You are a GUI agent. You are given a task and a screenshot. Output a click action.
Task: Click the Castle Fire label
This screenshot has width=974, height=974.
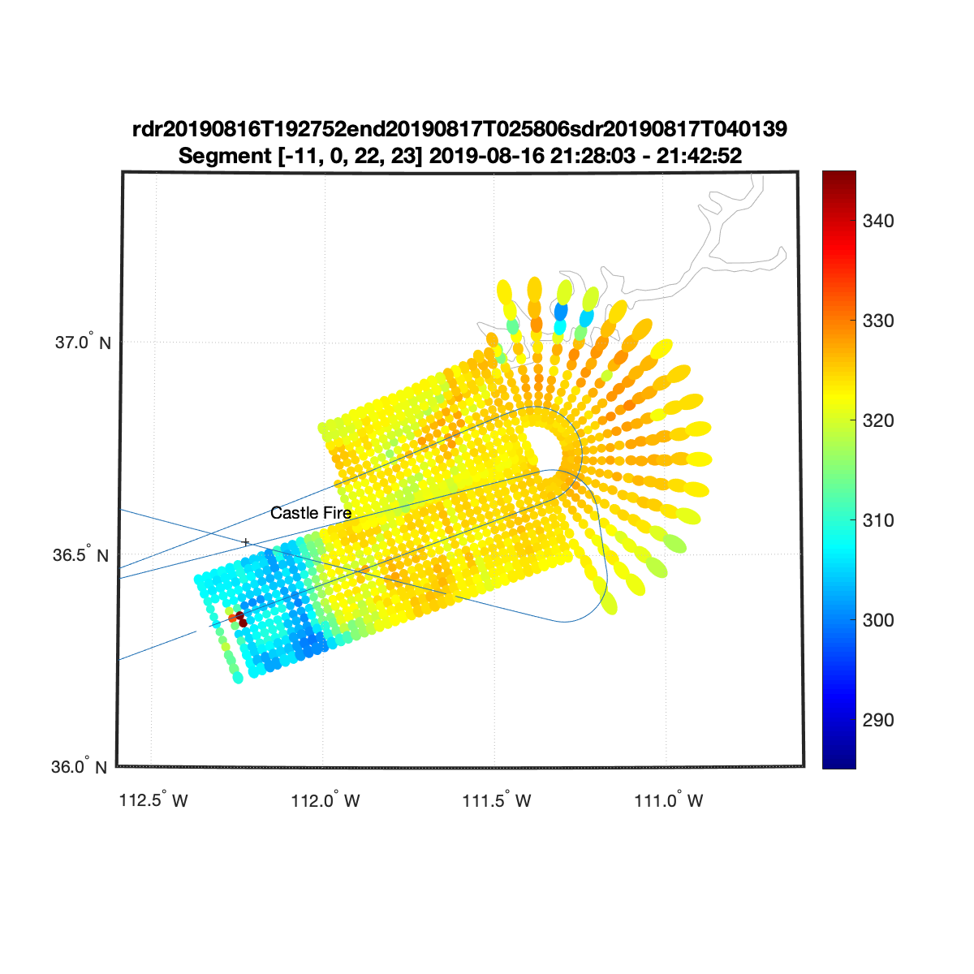pyautogui.click(x=310, y=513)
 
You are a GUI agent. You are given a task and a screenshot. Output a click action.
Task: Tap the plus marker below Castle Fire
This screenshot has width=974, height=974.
pyautogui.click(x=246, y=542)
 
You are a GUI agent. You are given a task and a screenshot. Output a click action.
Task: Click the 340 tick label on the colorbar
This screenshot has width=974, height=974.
pyautogui.click(x=878, y=221)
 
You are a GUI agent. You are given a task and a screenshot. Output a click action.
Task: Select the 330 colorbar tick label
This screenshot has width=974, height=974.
pyautogui.click(x=878, y=321)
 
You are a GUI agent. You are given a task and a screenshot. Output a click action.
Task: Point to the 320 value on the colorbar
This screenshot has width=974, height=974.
pyautogui.click(x=878, y=420)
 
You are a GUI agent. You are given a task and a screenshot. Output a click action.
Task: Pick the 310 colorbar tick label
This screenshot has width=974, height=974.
pyautogui.click(x=878, y=520)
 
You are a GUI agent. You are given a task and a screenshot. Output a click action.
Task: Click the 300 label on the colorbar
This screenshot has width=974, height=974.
pyautogui.click(x=878, y=619)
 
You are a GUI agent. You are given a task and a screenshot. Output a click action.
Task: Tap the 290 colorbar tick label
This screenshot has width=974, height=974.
pyautogui.click(x=878, y=720)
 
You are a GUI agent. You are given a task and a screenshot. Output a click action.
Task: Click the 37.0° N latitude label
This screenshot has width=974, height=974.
pyautogui.click(x=83, y=342)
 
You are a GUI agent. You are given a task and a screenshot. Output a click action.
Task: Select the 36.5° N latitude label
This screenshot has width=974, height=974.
pyautogui.click(x=81, y=554)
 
